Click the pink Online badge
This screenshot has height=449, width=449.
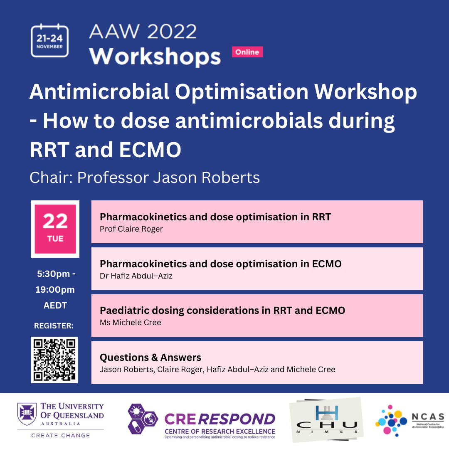[247, 52]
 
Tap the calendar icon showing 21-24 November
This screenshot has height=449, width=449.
[49, 41]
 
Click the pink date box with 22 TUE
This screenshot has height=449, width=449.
[55, 229]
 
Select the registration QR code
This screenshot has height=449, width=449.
[54, 360]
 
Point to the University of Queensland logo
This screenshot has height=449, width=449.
[61, 420]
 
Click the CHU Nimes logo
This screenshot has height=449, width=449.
[326, 420]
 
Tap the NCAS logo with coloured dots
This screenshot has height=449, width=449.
[410, 420]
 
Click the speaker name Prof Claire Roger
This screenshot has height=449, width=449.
[131, 229]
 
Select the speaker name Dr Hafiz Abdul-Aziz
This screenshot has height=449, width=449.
[136, 276]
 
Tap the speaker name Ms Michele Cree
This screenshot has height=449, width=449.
[130, 323]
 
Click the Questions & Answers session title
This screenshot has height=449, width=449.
[150, 358]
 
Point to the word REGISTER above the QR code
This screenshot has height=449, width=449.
[54, 326]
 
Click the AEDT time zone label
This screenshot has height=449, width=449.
[55, 306]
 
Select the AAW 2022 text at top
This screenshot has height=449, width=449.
[143, 31]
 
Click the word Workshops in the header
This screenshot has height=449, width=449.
[155, 56]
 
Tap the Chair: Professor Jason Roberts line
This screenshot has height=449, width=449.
[145, 178]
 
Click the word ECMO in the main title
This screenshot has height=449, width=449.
[150, 150]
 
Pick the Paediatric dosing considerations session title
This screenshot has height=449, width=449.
[222, 311]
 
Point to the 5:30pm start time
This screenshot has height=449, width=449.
[53, 274]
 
